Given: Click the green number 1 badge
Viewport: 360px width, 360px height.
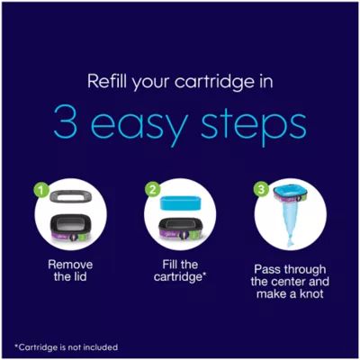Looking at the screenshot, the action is point(43,191).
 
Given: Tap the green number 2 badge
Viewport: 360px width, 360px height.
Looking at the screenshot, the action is point(153,191).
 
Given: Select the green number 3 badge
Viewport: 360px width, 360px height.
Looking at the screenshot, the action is point(262,190).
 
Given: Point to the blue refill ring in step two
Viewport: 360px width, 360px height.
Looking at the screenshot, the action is point(180,203).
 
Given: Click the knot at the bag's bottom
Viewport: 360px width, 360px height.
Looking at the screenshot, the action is point(290,240).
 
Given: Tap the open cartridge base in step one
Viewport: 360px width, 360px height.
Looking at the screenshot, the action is point(71,227).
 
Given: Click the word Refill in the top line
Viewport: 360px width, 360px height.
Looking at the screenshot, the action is point(107,80).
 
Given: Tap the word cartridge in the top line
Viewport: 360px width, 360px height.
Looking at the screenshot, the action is point(214,83).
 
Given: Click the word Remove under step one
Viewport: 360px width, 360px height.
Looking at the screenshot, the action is point(70,265).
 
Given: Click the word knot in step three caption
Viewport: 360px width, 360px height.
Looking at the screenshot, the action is point(310,293).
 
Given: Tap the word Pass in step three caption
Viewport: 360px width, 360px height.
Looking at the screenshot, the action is point(267,269).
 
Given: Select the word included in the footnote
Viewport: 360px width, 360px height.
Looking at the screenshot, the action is point(100,347).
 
